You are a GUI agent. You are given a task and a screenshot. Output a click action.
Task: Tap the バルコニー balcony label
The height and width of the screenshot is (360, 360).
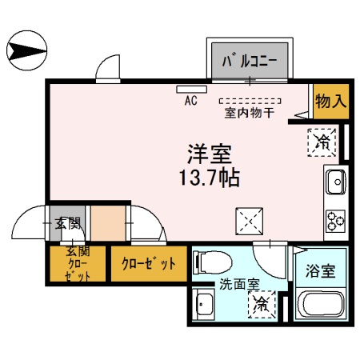click(x=249, y=59)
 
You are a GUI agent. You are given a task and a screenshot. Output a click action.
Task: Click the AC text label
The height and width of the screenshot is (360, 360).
click(x=191, y=101)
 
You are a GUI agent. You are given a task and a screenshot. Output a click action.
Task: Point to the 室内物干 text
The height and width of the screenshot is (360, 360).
click(x=250, y=113)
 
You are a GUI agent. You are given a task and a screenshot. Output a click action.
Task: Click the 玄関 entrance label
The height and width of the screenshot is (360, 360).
click(x=68, y=223)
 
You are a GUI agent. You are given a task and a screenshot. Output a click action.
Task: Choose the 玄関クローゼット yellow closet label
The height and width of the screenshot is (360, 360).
click(x=77, y=263)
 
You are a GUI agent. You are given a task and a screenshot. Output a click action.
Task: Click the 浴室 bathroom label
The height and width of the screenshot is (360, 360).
click(x=324, y=270)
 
